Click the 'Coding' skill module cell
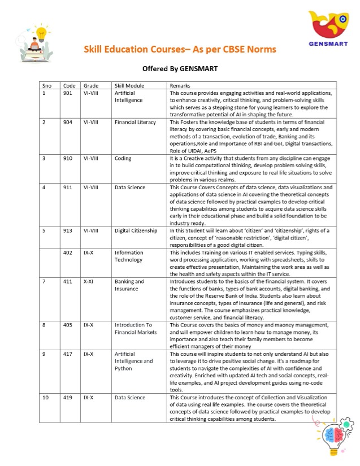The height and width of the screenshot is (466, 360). pos(123,159)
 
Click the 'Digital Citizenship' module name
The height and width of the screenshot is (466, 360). pos(136,230)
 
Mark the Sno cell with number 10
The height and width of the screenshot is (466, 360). pos(45,398)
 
